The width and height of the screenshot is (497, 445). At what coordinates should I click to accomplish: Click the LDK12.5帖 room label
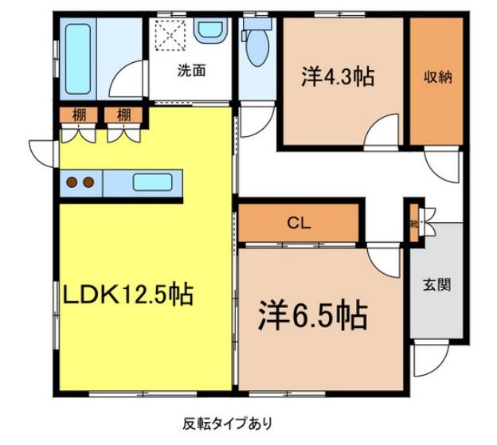point(127,295)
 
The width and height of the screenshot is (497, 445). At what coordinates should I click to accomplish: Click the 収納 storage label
point(437,77)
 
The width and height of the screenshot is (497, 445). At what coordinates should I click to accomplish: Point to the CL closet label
point(299,224)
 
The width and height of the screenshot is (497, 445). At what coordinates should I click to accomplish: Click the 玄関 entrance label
point(437,284)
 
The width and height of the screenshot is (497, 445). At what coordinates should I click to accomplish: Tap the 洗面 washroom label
point(192,70)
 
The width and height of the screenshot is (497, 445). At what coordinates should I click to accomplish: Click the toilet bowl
point(257,48)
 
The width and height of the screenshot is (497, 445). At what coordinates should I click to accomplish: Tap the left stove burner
point(71,182)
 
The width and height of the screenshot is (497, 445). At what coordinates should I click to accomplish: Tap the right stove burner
point(88,182)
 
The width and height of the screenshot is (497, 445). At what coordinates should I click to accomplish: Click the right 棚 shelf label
point(123,115)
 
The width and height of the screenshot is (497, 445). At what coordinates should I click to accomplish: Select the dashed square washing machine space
point(170,33)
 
